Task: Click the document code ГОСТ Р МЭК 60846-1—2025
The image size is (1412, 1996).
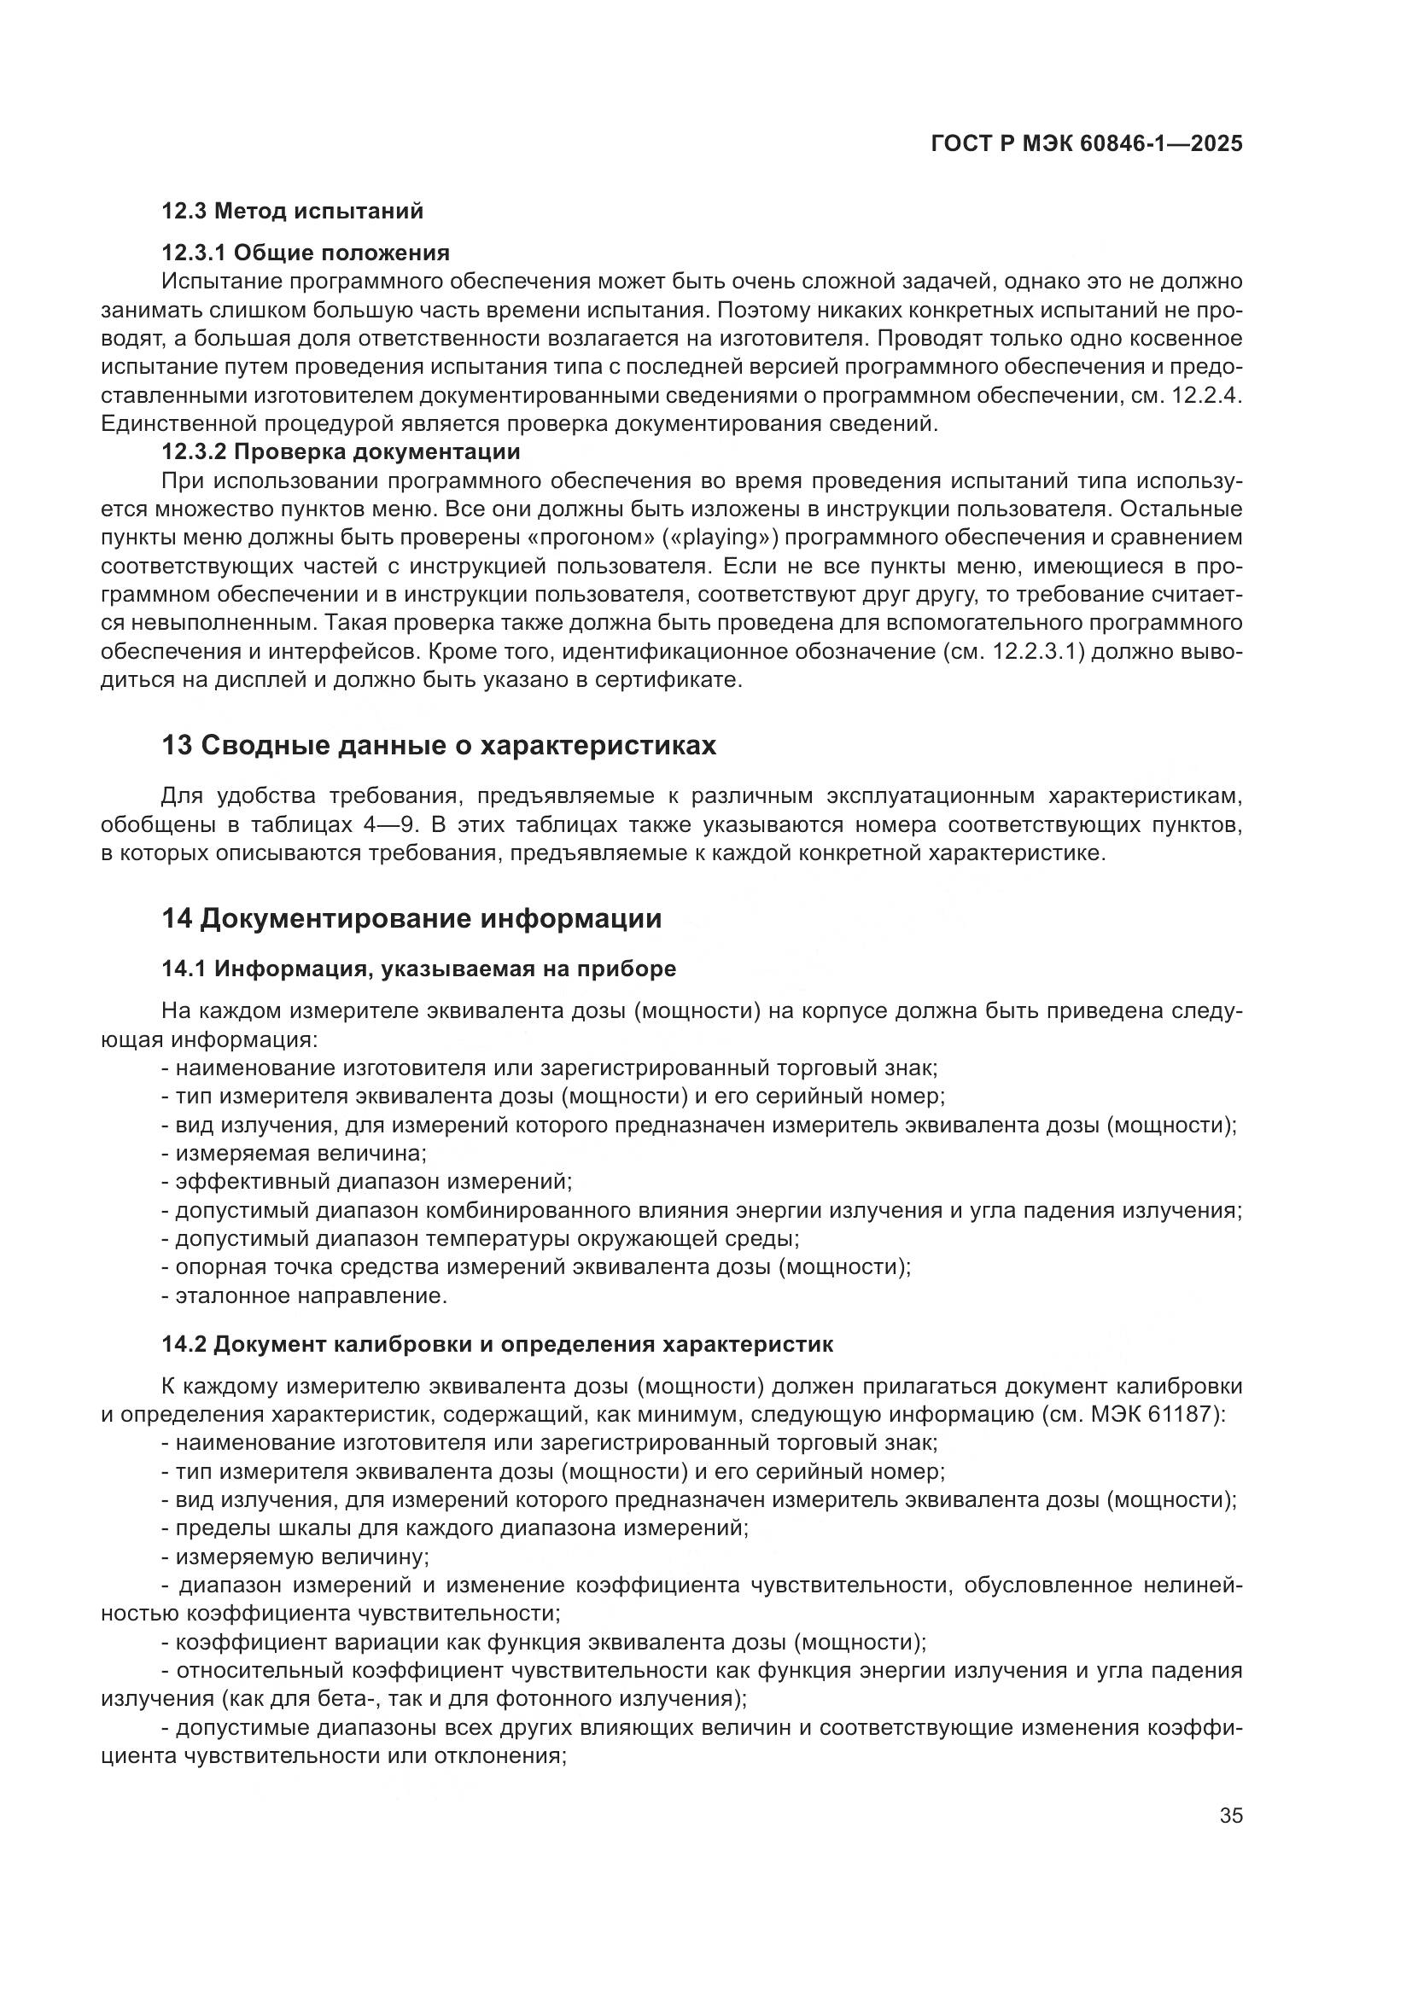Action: [x=1086, y=144]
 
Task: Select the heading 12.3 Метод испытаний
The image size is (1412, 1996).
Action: [x=292, y=211]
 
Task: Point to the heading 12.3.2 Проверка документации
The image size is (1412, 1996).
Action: [x=341, y=452]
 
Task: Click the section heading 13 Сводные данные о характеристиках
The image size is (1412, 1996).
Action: [x=439, y=746]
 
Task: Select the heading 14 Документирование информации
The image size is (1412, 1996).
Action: [x=411, y=919]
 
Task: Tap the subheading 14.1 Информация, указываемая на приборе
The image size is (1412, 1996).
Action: [x=418, y=969]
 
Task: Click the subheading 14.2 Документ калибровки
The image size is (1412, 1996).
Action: [x=498, y=1345]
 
